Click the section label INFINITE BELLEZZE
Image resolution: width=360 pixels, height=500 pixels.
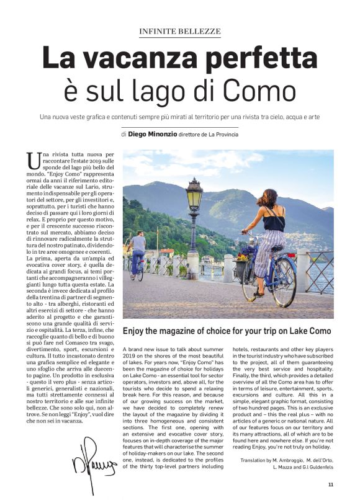179,31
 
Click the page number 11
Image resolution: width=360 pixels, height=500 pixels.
331,484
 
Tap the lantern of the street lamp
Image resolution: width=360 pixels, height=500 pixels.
194,197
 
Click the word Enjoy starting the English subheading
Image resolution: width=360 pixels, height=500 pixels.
136,331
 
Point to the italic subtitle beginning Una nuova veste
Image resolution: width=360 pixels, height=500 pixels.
179,117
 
